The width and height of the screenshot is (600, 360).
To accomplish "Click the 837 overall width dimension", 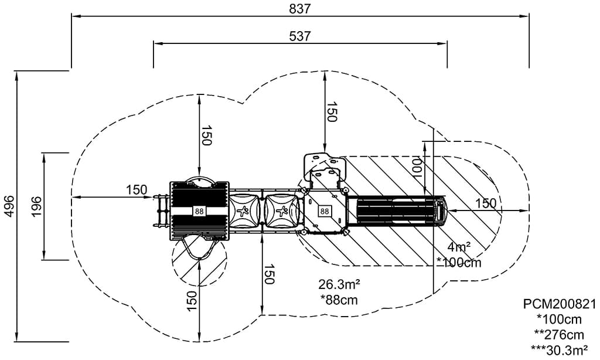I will (x=299, y=8).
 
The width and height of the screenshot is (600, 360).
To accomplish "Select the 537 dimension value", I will (x=299, y=36).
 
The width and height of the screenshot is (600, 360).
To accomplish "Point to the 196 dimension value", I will (x=36, y=206).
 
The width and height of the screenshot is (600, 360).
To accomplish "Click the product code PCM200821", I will (x=559, y=304).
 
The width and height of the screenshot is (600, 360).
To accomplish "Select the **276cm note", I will (x=559, y=335).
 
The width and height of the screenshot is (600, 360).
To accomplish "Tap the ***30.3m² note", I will (x=559, y=350).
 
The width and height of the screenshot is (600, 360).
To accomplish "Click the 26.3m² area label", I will (x=339, y=284).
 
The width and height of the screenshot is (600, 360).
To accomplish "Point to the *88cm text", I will (x=339, y=299).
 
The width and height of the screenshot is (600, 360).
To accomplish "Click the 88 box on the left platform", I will (x=199, y=211).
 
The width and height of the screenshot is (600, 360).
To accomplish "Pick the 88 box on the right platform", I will (x=324, y=211).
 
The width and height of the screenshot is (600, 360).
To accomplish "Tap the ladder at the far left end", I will (x=161, y=211).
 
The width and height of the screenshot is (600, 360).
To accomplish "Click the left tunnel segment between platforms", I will (x=244, y=210).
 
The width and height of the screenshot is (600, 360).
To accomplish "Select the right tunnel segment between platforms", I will (x=281, y=210).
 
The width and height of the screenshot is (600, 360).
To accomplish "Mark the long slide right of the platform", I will (x=398, y=211).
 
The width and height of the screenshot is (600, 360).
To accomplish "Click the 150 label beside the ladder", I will (x=136, y=189).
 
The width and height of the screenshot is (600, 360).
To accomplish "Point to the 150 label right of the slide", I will (x=485, y=203).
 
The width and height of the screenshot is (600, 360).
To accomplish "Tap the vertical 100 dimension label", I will (x=417, y=167).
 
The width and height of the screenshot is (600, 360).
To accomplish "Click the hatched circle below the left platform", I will (x=199, y=261).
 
